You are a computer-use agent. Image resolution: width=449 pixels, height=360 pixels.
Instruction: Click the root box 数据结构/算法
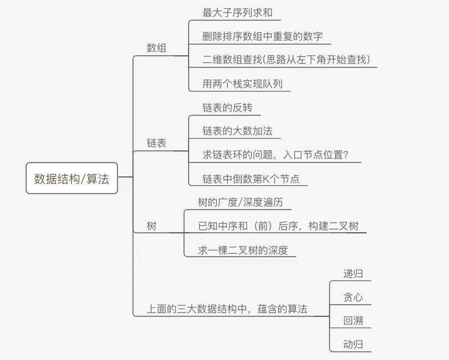[72, 178]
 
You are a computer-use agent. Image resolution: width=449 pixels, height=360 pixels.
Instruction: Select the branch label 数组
[156, 48]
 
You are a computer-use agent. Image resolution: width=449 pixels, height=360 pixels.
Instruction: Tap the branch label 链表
[156, 143]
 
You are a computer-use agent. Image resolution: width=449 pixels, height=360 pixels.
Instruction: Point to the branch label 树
[152, 226]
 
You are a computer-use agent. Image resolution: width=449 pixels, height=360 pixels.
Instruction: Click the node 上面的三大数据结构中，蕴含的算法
[227, 309]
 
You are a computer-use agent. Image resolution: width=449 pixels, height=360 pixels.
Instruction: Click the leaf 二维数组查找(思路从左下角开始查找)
[286, 60]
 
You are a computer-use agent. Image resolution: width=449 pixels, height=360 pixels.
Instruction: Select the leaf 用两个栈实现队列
[242, 84]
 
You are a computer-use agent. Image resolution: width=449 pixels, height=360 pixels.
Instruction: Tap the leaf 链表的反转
[227, 107]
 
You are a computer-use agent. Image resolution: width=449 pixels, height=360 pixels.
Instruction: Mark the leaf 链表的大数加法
[237, 131]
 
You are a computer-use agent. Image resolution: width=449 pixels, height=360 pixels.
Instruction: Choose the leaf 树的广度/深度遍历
[241, 202]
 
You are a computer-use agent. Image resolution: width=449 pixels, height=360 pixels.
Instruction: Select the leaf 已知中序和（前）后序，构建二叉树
[278, 226]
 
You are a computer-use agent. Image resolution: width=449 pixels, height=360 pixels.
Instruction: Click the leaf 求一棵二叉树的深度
[243, 250]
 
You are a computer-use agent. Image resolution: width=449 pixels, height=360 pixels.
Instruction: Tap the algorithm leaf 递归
[353, 274]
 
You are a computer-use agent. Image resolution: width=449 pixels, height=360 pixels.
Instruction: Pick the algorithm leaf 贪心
[353, 297]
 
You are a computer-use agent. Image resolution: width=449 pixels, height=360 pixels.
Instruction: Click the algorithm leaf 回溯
[353, 321]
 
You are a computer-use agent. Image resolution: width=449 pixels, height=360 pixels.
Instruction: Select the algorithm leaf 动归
[353, 345]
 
